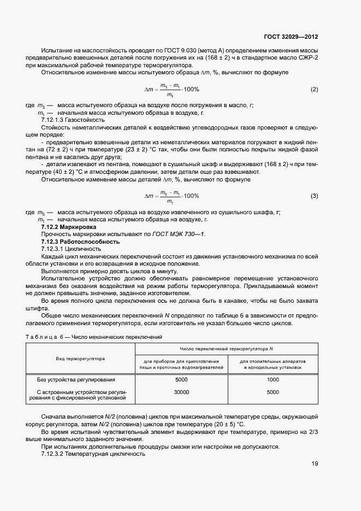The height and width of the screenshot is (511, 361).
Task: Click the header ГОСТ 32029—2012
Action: click(x=291, y=37)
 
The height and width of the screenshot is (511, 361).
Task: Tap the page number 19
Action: click(x=314, y=464)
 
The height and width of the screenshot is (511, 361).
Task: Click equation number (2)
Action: click(x=314, y=89)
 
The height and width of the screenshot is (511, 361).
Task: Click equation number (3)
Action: click(x=314, y=196)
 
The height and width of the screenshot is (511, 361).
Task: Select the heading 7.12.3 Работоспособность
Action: click(x=80, y=241)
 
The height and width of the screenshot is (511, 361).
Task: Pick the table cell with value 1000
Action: click(x=273, y=379)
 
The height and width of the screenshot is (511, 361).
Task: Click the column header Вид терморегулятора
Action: click(x=80, y=359)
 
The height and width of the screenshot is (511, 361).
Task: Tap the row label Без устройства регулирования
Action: click(x=76, y=379)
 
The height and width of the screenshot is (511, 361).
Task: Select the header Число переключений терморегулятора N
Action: click(x=227, y=349)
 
